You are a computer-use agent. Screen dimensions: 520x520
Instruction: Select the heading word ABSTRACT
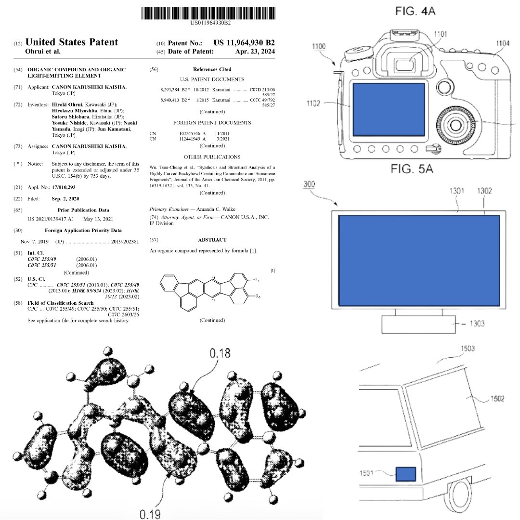[212, 239]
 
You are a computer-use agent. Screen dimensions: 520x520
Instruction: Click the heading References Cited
[212, 69]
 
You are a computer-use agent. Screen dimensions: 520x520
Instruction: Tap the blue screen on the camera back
[389, 109]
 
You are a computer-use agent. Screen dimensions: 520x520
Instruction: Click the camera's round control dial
[454, 124]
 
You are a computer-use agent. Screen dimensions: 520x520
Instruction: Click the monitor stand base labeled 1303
[418, 324]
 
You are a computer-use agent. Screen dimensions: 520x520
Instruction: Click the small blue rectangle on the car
[406, 474]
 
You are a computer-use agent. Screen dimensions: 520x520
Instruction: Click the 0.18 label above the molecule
[220, 354]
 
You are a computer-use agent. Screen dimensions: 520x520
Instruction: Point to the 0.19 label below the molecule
[150, 514]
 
